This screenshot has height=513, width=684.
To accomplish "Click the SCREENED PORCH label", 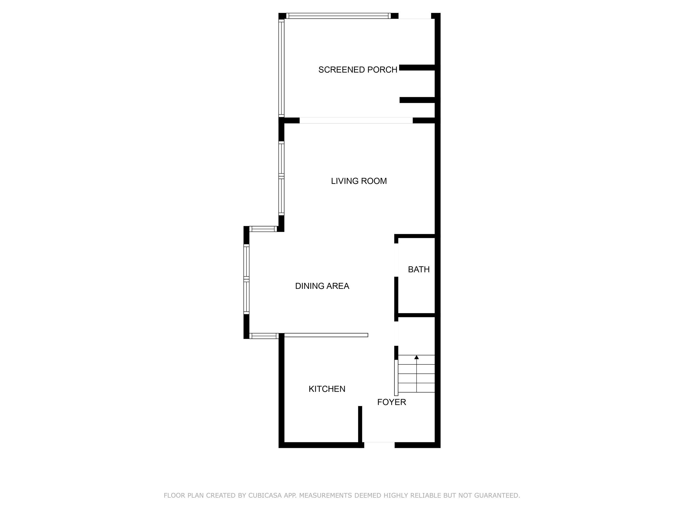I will (358, 70).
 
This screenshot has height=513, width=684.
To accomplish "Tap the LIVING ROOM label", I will (359, 181).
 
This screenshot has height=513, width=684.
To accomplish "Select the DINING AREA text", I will (322, 286).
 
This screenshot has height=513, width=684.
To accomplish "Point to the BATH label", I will (419, 269).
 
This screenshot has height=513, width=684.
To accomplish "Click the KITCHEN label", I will (327, 389).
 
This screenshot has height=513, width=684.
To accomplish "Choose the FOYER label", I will (392, 402).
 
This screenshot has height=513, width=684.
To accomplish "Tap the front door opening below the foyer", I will (379, 445).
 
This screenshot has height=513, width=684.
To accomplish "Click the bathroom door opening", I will (396, 260).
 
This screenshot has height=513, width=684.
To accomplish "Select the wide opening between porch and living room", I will (356, 120).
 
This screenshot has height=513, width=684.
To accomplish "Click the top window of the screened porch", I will (338, 16).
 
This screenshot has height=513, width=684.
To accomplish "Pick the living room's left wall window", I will (281, 178).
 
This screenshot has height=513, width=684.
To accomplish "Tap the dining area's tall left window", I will (247, 279).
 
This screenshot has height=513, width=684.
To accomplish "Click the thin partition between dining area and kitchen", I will (326, 335).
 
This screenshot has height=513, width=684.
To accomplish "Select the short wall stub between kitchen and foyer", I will (360, 425).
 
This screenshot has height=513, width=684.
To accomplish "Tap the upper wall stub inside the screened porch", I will (417, 67).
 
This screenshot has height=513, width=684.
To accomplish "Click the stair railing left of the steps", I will (396, 378).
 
